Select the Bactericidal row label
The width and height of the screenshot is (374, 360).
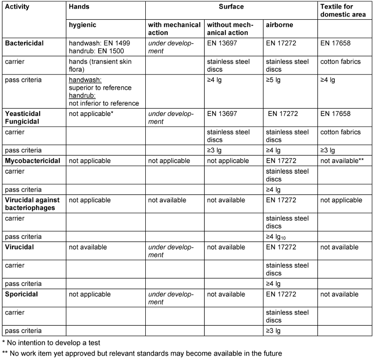coord(25,42)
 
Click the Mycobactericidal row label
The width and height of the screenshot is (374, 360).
coord(33,161)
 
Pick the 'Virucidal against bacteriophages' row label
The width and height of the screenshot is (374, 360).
coord(34,204)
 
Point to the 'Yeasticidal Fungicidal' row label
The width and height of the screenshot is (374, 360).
coord(23,117)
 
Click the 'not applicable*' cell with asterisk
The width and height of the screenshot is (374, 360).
coord(90,114)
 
